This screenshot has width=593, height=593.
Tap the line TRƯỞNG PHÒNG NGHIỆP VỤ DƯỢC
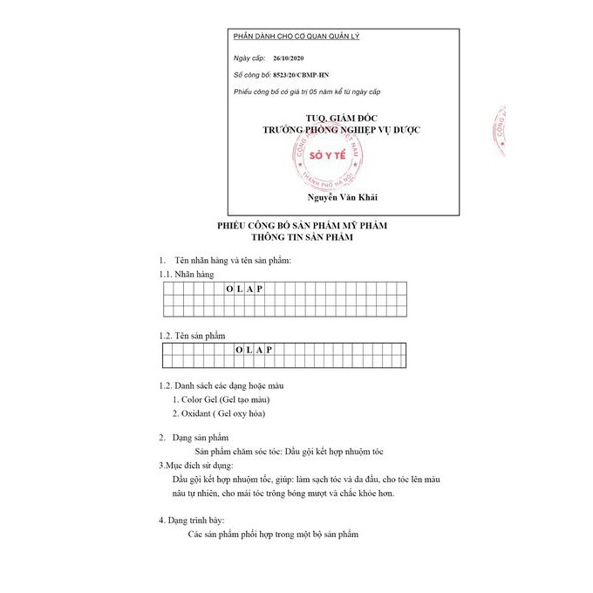[x=342, y=128]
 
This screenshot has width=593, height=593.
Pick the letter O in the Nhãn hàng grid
[x=228, y=289]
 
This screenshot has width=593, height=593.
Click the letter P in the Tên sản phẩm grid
[x=270, y=350]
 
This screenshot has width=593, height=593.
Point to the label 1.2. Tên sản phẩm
[x=192, y=336]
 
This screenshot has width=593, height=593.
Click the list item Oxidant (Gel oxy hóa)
[x=218, y=413]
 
